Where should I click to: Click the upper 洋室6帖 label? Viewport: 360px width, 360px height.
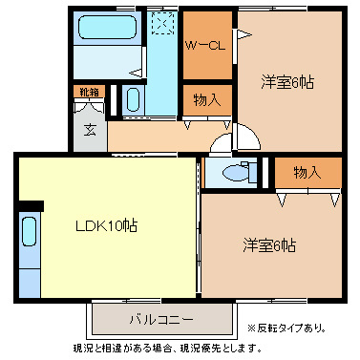(x=288, y=82)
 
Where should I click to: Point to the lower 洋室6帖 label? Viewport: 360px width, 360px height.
(x=267, y=244)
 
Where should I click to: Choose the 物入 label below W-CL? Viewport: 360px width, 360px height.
(x=207, y=98)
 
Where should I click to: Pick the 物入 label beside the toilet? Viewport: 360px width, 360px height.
(x=307, y=172)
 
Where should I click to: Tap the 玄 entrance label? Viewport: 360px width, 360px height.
(x=88, y=129)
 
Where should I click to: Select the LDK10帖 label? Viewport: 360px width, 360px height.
(x=107, y=226)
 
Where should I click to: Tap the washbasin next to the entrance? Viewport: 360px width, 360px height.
(x=134, y=100)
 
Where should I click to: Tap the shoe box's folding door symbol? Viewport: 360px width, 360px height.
(x=88, y=106)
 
